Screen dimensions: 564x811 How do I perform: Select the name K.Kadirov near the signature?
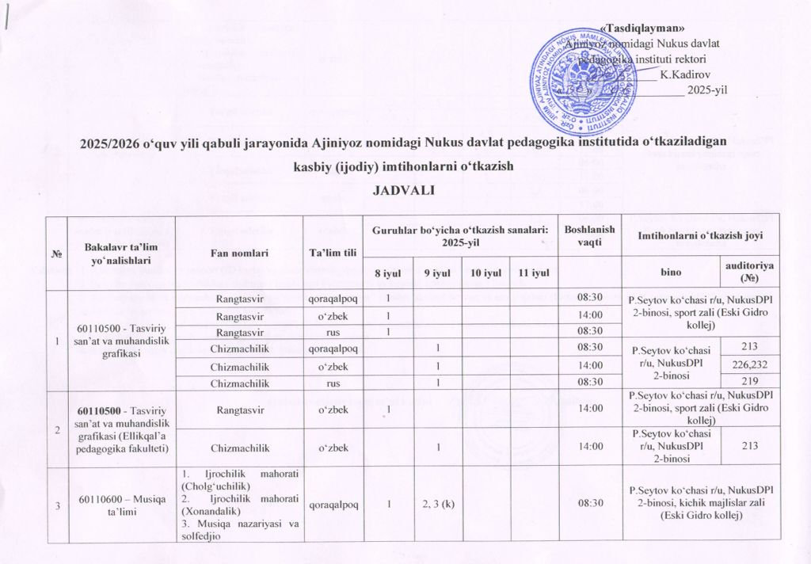(x=684, y=74)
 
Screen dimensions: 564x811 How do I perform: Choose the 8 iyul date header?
(x=387, y=273)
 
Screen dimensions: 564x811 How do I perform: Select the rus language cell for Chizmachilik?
(x=333, y=382)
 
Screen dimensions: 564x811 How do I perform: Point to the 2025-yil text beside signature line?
(x=707, y=90)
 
